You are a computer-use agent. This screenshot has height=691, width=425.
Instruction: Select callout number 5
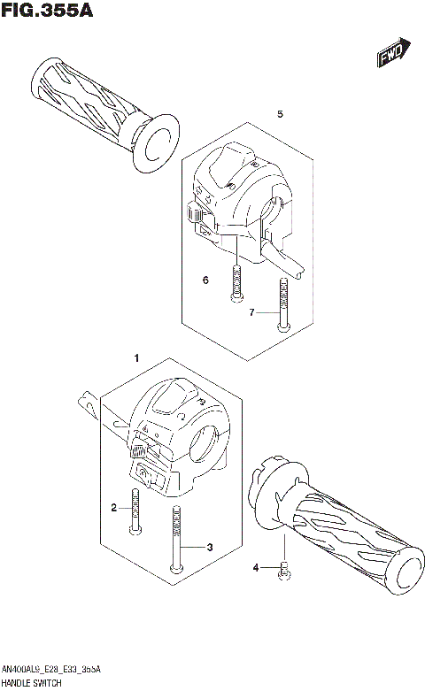coord(280,115)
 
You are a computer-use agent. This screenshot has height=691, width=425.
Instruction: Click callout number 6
coord(205,280)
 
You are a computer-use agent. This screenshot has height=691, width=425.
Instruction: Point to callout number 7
coord(251,312)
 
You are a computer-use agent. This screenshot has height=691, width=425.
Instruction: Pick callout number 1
coord(135,358)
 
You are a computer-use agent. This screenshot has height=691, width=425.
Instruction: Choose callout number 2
coord(114,508)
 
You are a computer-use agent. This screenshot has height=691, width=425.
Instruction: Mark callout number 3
coord(210,548)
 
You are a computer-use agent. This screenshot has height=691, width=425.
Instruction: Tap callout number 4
coord(255,567)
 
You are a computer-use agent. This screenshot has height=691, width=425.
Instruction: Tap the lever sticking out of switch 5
coord(285,263)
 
